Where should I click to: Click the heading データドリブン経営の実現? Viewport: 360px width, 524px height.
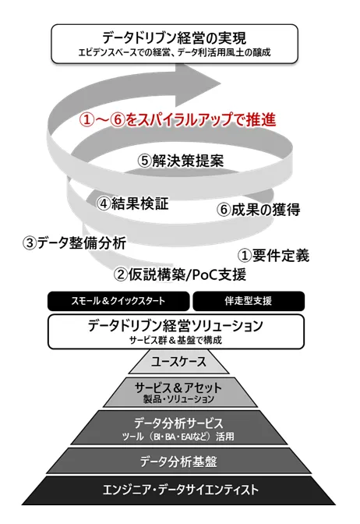[x=175, y=37]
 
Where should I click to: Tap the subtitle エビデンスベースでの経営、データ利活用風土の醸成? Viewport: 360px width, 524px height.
[x=175, y=52]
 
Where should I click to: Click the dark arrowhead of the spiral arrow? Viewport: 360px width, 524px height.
[x=198, y=83]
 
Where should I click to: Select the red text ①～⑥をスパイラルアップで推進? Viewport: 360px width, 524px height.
[x=178, y=120]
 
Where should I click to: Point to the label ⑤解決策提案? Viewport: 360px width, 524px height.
[x=181, y=161]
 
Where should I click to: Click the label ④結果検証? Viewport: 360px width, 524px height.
[x=132, y=204]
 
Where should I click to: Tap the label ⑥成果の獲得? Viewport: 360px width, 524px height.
[x=259, y=210]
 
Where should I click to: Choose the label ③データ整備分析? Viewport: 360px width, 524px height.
[x=74, y=243]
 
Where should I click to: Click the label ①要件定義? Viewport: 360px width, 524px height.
[x=274, y=256]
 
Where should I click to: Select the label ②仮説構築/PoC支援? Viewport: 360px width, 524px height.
[x=180, y=274]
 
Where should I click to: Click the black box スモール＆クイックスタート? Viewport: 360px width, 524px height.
[x=118, y=301]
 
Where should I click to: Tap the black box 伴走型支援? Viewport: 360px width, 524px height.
[x=249, y=301]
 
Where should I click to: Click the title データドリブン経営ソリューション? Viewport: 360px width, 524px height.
[x=175, y=325]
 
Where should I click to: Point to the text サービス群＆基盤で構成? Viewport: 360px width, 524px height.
[x=175, y=341]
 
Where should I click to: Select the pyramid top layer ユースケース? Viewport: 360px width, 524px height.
[x=179, y=362]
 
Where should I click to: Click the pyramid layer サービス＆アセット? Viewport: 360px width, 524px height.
[x=180, y=392]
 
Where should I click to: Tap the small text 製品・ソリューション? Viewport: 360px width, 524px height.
[x=178, y=399]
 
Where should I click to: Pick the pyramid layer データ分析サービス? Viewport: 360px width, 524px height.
[x=180, y=428]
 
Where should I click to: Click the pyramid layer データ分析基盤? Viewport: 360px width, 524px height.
[x=179, y=461]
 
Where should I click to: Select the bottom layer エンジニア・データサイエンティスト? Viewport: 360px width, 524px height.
[x=179, y=490]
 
